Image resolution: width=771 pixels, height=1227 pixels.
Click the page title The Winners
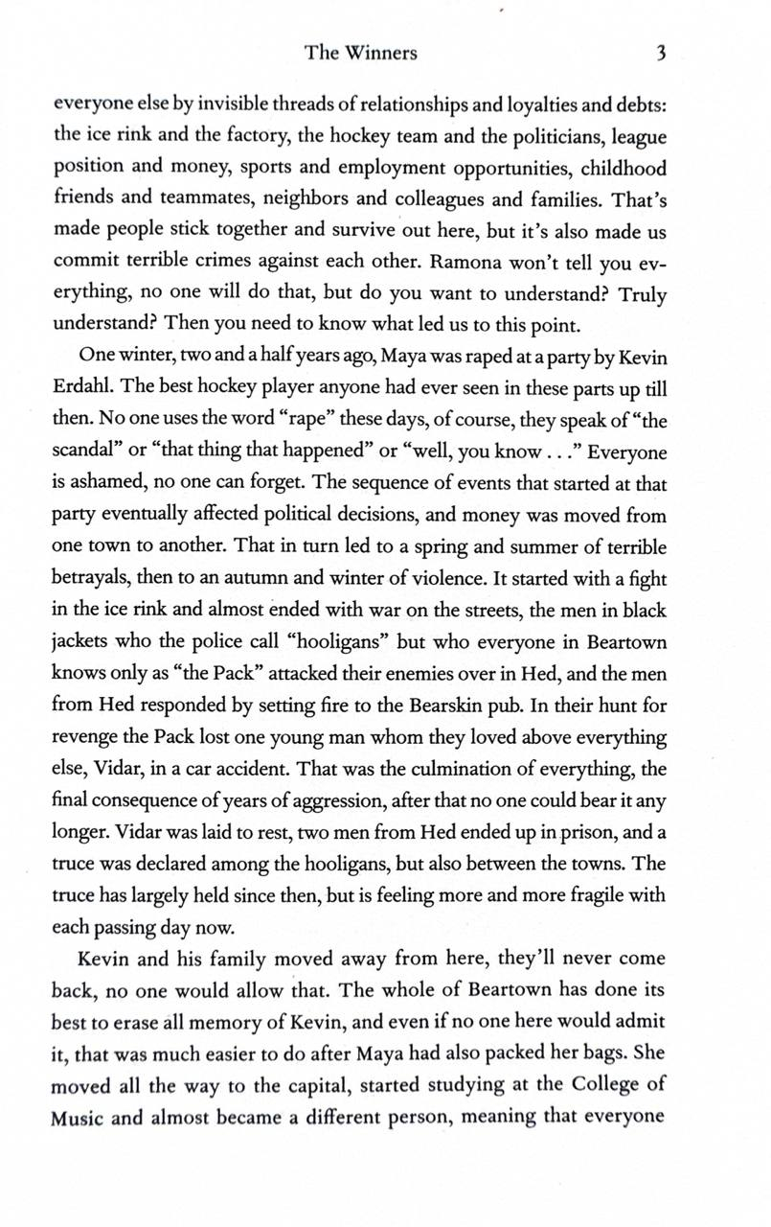pyautogui.click(x=361, y=53)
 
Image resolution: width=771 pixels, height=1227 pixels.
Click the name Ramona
pyautogui.click(x=468, y=262)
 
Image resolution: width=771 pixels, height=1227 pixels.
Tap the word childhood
pyautogui.click(x=621, y=169)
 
